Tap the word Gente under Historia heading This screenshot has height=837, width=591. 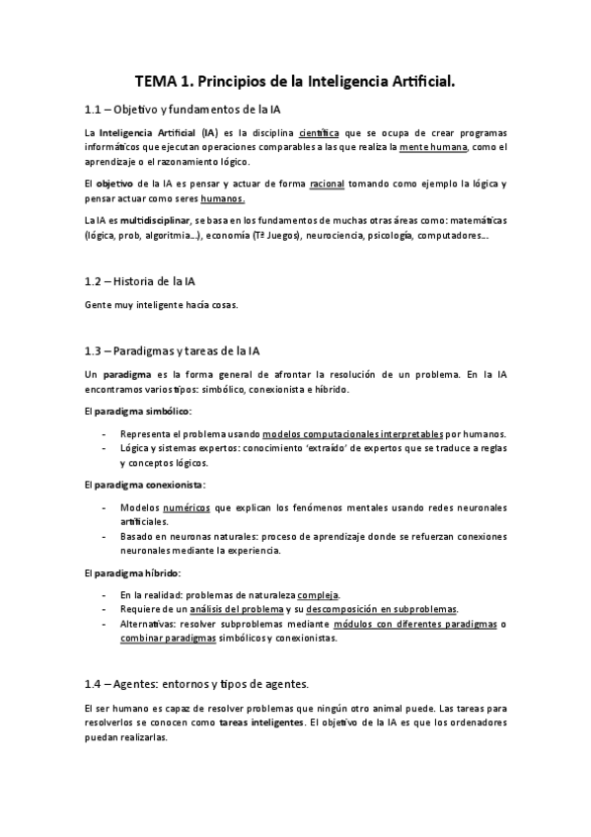coord(100,305)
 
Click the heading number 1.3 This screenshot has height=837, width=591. coord(96,349)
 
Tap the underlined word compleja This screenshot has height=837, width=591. coord(319,595)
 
